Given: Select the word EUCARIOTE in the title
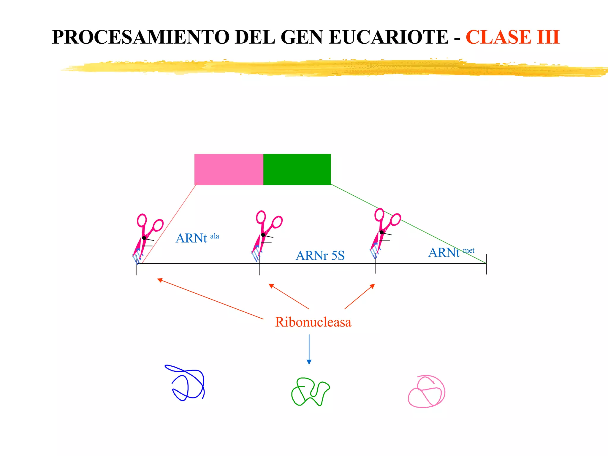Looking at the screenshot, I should (x=389, y=37).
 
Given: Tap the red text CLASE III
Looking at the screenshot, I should (x=512, y=37).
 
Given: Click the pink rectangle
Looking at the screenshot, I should (x=229, y=170).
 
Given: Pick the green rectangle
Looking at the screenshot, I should (x=297, y=170).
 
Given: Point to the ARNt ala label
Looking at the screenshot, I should (x=197, y=238).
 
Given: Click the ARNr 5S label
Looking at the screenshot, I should (x=320, y=256).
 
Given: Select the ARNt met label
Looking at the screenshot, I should (x=451, y=252).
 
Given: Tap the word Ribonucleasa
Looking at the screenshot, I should (x=313, y=322).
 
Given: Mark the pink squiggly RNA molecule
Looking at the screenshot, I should (x=426, y=392).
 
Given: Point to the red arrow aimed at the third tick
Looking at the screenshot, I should (x=360, y=296).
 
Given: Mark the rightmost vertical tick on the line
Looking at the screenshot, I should (x=486, y=264).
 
